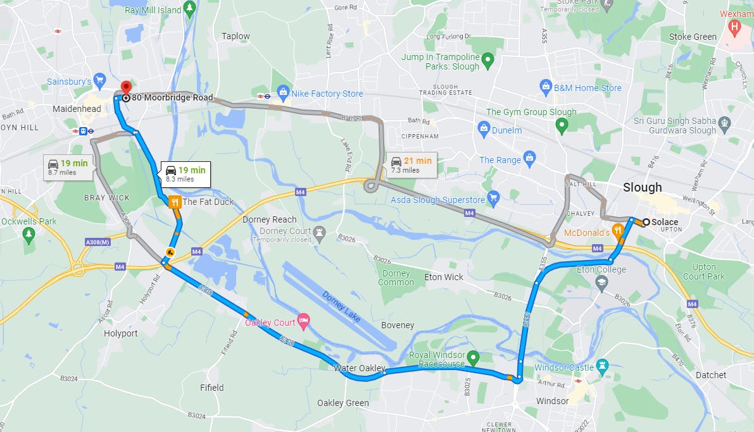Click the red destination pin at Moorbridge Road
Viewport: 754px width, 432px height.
[125, 87]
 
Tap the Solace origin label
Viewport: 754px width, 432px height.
[665, 222]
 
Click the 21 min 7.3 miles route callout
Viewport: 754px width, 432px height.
[412, 164]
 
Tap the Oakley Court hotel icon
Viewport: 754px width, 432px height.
[303, 323]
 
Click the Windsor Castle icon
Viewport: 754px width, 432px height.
[602, 366]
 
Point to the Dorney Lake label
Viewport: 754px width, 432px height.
[342, 306]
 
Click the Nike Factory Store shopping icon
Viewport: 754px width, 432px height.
[282, 94]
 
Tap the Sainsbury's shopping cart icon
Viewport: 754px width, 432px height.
[100, 81]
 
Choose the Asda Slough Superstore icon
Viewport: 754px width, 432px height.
[494, 200]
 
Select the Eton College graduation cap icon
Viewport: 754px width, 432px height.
[601, 281]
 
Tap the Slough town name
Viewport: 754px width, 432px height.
[642, 187]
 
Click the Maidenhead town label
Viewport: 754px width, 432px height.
[77, 109]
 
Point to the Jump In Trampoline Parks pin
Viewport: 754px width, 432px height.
[487, 61]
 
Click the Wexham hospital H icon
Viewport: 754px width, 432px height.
[734, 27]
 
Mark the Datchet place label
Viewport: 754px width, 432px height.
[710, 375]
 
